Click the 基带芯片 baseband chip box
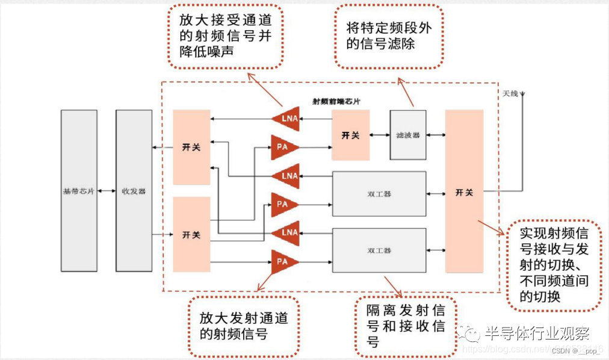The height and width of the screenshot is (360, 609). point(79,191)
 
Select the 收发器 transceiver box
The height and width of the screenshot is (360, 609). point(134,191)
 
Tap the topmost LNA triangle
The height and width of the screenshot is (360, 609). point(287,119)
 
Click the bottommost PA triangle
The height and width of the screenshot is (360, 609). point(283,262)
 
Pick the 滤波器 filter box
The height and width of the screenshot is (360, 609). point(408,135)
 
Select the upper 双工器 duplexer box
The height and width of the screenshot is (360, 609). point(379,194)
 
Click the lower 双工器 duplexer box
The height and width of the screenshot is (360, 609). point(379,249)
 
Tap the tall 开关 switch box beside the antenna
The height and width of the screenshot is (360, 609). point(464,191)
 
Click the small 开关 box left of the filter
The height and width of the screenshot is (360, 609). point(350,135)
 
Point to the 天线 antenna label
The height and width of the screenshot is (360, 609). point(510,94)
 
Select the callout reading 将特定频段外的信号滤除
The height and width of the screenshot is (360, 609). point(389,36)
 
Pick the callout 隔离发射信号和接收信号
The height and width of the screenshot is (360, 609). point(406,326)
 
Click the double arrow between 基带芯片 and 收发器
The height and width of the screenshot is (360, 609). point(106,191)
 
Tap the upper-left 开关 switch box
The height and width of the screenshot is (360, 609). point(191,147)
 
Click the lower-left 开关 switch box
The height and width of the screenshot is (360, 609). point(191,235)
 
